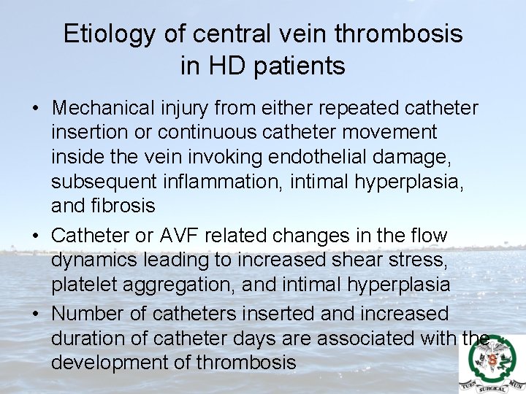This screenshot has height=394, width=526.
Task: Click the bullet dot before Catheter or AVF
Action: [35, 236]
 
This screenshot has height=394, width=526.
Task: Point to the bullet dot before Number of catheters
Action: [35, 314]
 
